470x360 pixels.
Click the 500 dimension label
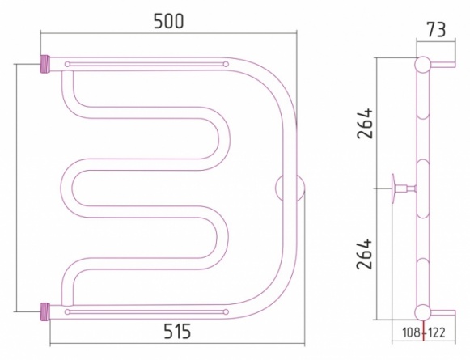(x=168, y=21)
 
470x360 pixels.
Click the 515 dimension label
(x=177, y=331)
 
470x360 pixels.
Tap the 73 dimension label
(x=436, y=30)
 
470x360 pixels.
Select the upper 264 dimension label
(x=365, y=123)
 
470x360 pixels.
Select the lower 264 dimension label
(x=364, y=254)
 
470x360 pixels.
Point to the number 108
(x=412, y=332)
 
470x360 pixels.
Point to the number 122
(x=437, y=332)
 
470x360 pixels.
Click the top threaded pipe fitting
(x=45, y=64)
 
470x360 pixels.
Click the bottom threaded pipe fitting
(x=45, y=312)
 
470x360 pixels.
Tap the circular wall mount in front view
(x=290, y=188)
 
